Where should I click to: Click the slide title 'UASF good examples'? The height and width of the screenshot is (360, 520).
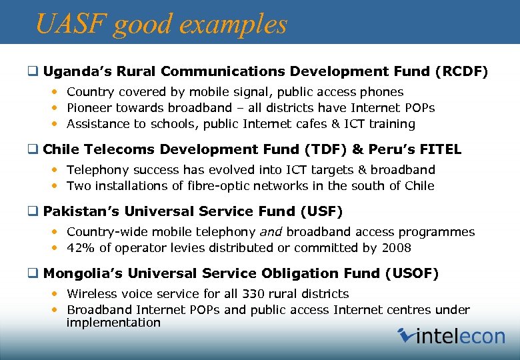pyautogui.click(x=161, y=24)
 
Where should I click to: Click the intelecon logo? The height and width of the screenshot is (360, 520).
pyautogui.click(x=451, y=335)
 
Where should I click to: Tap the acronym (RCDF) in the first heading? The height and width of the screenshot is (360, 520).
pyautogui.click(x=461, y=71)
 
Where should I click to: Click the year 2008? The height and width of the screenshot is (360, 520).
pyautogui.click(x=397, y=248)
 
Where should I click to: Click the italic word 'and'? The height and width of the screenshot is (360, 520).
pyautogui.click(x=270, y=232)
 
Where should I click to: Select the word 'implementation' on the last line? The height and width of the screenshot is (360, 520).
pyautogui.click(x=113, y=323)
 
